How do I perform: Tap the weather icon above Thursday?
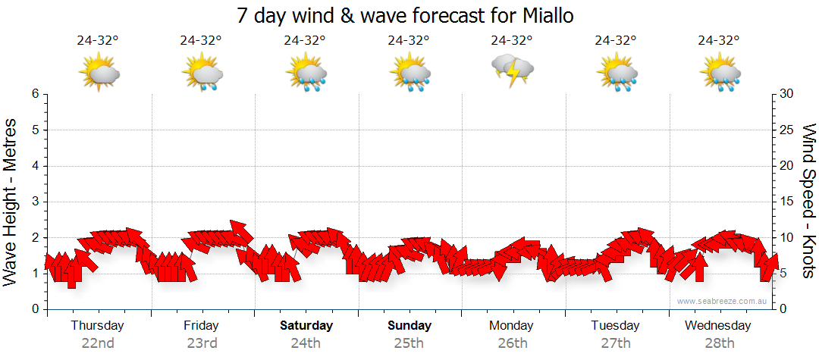click(99, 73)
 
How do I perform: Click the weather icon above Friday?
click(202, 73)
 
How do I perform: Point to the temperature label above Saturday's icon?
click(305, 41)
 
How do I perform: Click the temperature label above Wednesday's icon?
click(719, 41)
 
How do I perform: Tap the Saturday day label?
click(306, 326)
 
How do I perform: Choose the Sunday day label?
click(409, 326)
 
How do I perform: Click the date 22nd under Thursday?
click(98, 343)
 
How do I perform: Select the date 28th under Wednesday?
click(719, 343)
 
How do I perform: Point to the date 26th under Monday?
click(512, 343)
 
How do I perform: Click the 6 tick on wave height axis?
click(35, 94)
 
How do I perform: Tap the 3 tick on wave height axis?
click(35, 202)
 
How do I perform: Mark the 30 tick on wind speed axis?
click(787, 94)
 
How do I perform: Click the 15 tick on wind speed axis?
click(787, 202)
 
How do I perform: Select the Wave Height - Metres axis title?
click(11, 202)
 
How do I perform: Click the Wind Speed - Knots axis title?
click(808, 202)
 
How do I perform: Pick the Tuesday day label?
click(615, 326)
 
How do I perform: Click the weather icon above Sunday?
click(409, 73)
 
